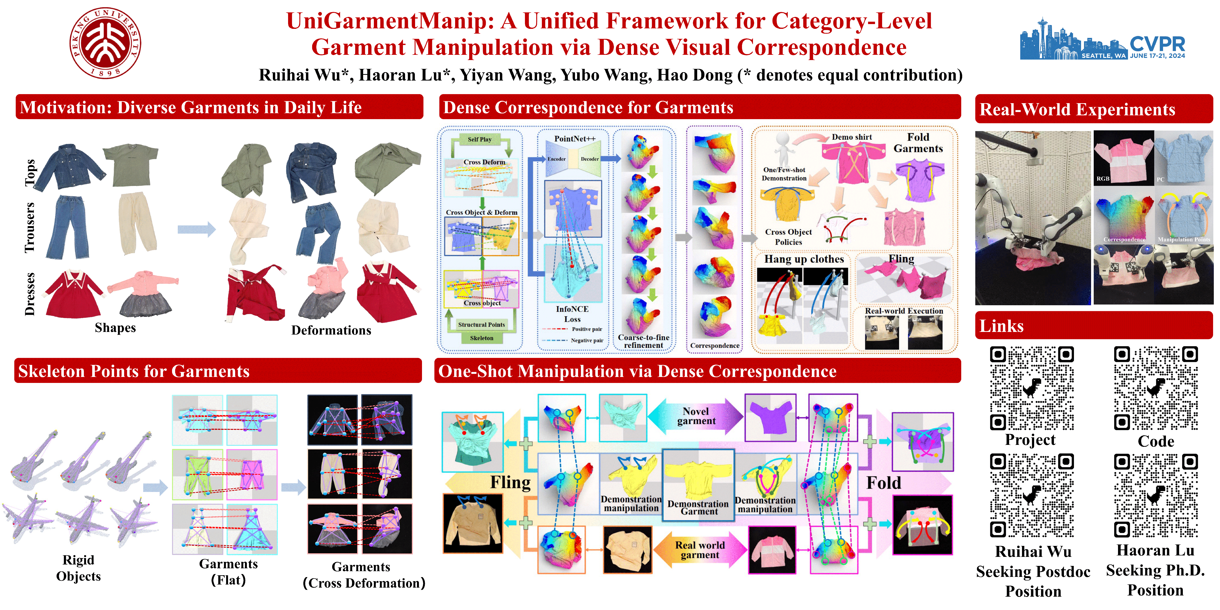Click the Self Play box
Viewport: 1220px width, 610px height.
[479, 139]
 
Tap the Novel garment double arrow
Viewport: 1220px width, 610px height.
[696, 416]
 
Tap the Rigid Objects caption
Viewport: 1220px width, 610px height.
[79, 568]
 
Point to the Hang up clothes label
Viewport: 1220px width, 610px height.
[804, 259]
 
